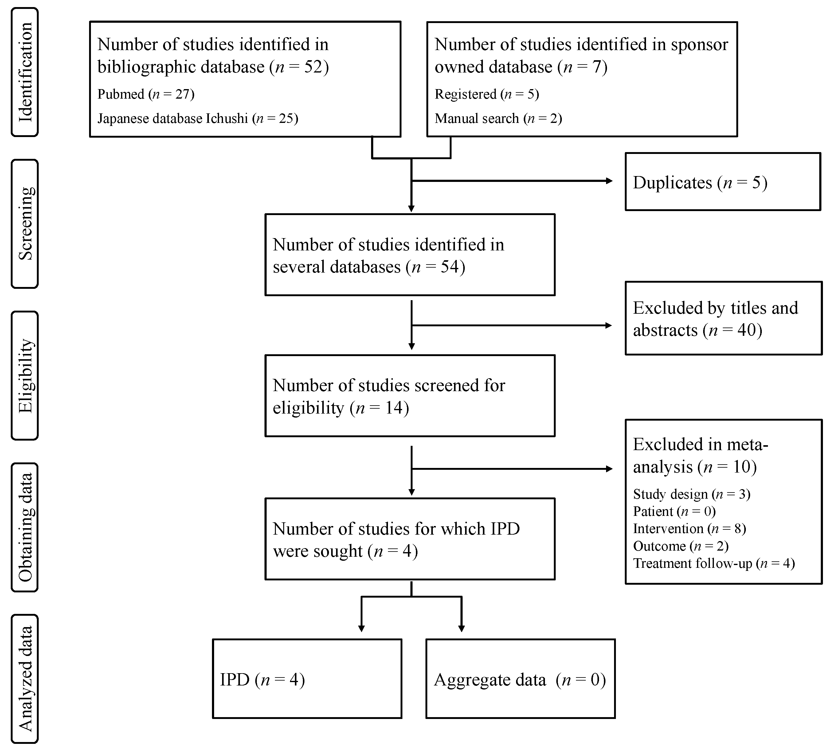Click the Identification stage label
(x=25, y=72)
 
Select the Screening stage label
(x=25, y=224)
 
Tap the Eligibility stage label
(x=25, y=375)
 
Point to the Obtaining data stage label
(x=25, y=527)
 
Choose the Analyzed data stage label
(x=25, y=679)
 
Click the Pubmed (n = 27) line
(x=146, y=94)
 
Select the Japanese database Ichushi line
(x=198, y=119)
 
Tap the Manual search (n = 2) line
(x=498, y=119)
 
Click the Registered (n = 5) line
(x=487, y=94)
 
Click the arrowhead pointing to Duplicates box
(x=609, y=180)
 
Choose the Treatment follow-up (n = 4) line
(x=713, y=563)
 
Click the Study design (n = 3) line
(x=691, y=494)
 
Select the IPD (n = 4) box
(x=307, y=680)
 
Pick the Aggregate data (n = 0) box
(x=520, y=680)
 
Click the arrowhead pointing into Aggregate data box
(x=461, y=628)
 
